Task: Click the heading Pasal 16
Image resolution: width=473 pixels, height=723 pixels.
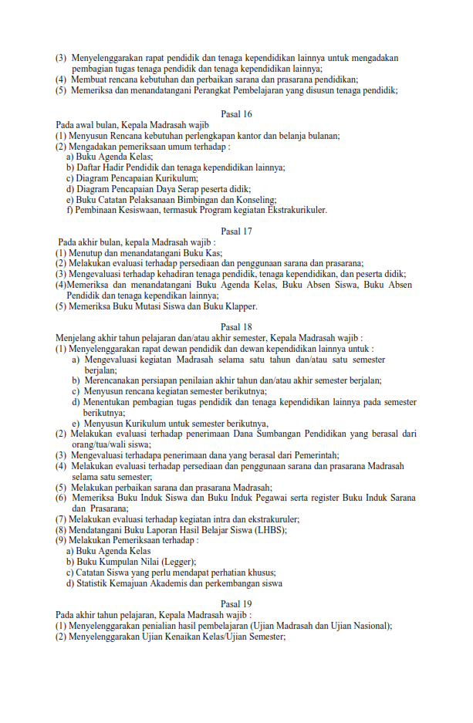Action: pos(236,114)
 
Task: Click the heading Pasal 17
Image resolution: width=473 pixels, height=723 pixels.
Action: pos(236,231)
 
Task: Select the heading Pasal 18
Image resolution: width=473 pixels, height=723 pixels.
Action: pos(236,326)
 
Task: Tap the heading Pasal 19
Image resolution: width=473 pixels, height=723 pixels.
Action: pos(236,603)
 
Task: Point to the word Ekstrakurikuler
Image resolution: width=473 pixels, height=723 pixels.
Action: pos(296,210)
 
